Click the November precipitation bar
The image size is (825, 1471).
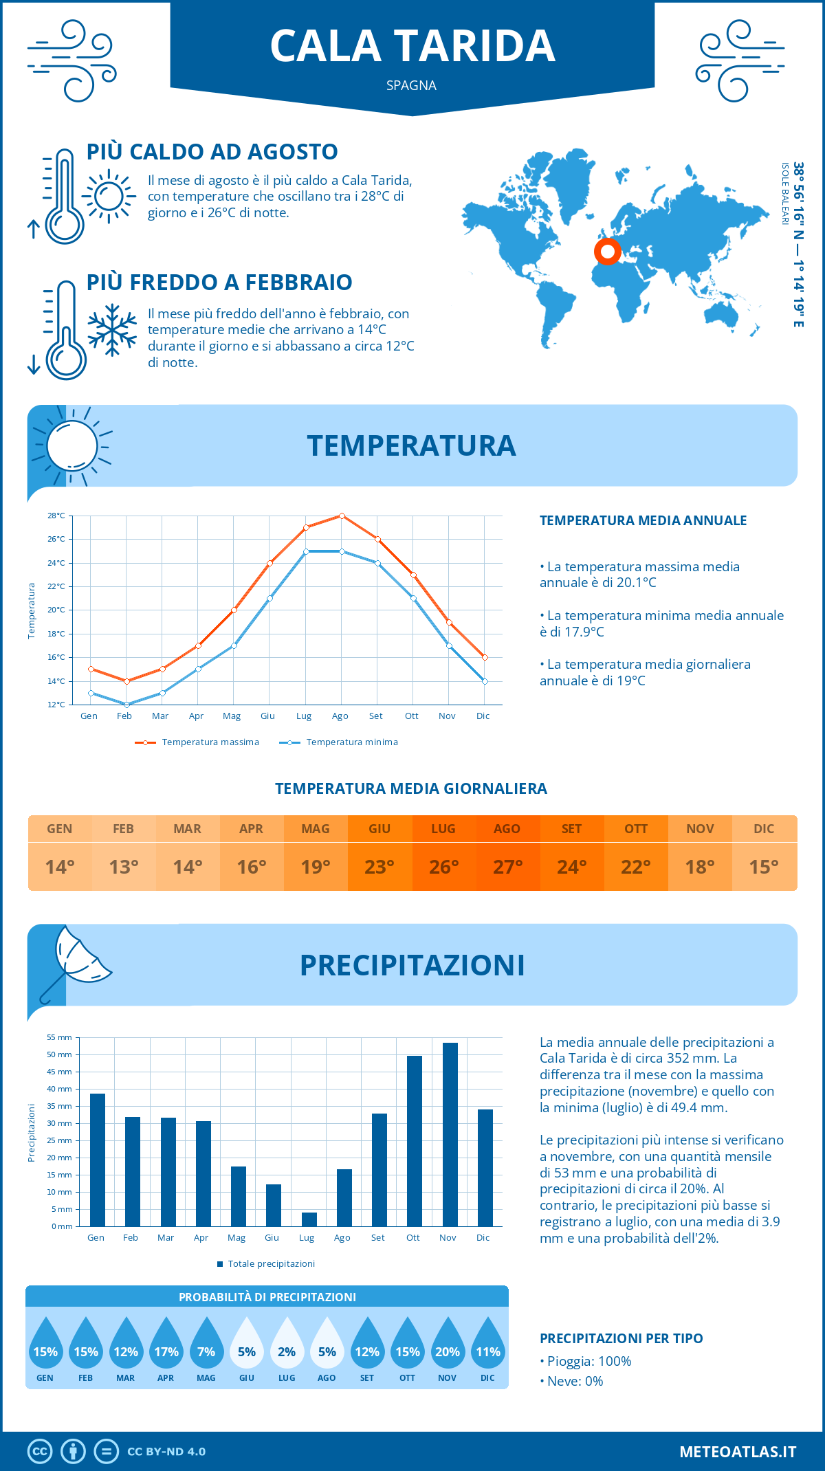450,1134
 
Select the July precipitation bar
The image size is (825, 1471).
309,1219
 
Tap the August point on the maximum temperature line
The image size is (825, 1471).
342,516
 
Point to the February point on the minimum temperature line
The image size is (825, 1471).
126,705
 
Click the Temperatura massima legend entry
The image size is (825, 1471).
198,742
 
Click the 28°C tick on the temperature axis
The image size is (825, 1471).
56,516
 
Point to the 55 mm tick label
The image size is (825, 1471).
60,1037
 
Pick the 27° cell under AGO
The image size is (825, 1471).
508,867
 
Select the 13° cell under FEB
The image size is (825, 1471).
124,867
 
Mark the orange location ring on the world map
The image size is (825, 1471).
608,252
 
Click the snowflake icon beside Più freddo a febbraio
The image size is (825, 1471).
112,330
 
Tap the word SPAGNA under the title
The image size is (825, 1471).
411,85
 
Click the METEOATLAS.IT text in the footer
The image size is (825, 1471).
738,1451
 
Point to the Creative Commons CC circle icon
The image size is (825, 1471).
40,1451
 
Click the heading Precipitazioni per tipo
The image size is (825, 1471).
621,1338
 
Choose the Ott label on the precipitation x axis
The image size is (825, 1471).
412,1237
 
